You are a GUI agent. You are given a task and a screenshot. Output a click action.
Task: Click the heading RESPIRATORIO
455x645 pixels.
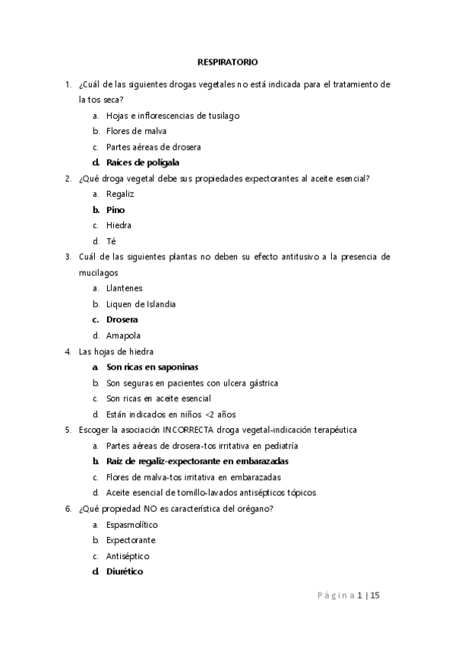(x=227, y=62)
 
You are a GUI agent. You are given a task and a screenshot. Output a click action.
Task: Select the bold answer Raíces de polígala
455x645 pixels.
(x=143, y=162)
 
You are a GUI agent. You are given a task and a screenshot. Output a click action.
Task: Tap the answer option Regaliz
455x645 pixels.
(x=120, y=194)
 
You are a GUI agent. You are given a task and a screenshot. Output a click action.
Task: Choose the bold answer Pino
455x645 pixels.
(x=115, y=209)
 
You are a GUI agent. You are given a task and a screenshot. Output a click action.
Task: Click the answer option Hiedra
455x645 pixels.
(x=119, y=225)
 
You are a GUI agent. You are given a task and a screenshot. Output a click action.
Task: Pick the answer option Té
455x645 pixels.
(x=111, y=241)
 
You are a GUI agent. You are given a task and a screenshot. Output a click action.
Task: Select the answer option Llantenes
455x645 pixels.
(x=125, y=288)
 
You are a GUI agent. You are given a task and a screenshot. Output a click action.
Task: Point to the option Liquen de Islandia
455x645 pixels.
(x=141, y=304)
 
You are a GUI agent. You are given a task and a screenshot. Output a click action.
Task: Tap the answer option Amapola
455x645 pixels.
(x=124, y=335)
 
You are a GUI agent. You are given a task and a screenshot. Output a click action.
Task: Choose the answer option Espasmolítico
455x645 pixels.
(x=132, y=524)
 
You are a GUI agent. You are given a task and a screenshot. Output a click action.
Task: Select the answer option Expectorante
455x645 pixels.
(x=131, y=540)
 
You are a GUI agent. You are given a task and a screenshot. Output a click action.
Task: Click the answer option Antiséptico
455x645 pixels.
(x=128, y=556)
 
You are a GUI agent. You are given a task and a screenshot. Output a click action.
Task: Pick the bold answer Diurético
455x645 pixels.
(x=125, y=572)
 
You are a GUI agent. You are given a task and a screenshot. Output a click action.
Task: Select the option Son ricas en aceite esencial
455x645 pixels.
(x=159, y=398)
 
